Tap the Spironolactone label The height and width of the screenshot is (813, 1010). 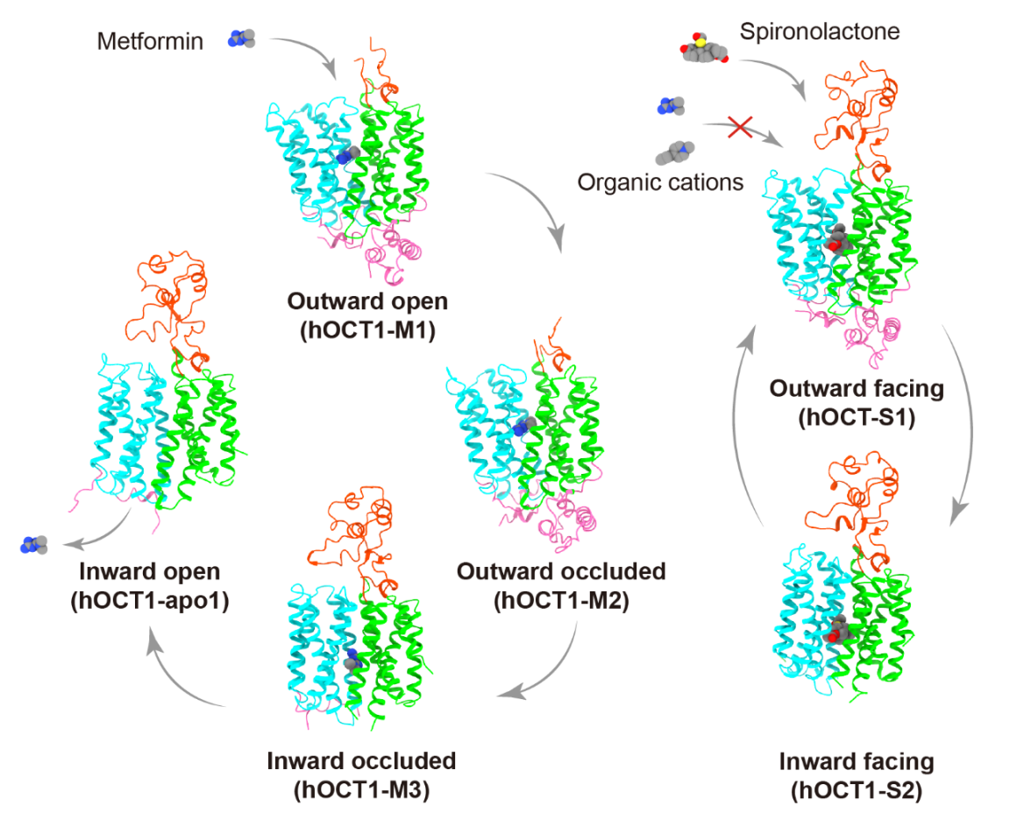pyautogui.click(x=820, y=33)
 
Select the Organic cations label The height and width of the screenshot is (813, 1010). pyautogui.click(x=660, y=182)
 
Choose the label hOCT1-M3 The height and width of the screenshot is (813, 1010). pyautogui.click(x=361, y=788)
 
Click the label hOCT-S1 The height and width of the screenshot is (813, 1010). pyautogui.click(x=857, y=417)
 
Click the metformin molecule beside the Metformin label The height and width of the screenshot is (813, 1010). pyautogui.click(x=241, y=38)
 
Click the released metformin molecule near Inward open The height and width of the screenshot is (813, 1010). pyautogui.click(x=33, y=545)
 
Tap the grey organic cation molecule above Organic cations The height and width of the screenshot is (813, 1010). pyautogui.click(x=676, y=151)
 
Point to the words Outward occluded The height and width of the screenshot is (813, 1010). pyautogui.click(x=561, y=572)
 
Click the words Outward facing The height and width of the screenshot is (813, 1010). pyautogui.click(x=857, y=389)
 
